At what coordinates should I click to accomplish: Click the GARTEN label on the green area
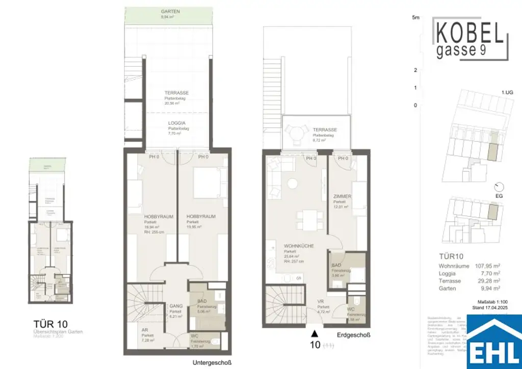click(170, 11)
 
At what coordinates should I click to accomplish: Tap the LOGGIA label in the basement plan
click(176, 123)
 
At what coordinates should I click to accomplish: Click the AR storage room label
click(145, 330)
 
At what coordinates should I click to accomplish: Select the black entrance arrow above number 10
click(315, 334)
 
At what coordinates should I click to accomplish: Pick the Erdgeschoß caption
click(353, 335)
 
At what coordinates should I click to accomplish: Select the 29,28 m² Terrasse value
click(487, 281)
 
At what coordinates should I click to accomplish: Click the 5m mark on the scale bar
click(415, 18)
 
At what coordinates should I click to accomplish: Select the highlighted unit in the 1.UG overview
click(492, 151)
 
